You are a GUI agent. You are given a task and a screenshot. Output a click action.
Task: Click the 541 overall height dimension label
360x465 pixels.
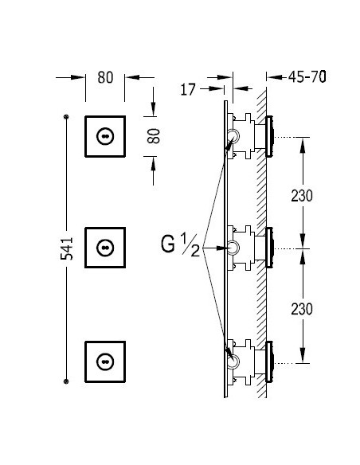[66, 248]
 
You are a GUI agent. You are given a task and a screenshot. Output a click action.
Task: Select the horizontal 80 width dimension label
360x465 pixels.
[105, 77]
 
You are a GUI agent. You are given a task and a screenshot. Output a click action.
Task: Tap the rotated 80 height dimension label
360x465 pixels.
[154, 136]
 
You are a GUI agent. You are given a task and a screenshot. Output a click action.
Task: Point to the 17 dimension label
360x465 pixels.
[188, 89]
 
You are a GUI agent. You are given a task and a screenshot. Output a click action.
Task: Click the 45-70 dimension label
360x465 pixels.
[307, 77]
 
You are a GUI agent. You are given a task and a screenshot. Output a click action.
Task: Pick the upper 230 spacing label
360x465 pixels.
[302, 196]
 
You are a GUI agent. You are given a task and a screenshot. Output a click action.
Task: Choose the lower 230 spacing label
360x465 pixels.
[302, 309]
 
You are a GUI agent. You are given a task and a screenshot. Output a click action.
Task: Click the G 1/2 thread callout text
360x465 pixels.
[181, 244]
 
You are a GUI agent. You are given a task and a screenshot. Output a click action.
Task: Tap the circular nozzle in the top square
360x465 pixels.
[105, 136]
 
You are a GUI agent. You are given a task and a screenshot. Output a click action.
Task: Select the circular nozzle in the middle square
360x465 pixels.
[105, 248]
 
